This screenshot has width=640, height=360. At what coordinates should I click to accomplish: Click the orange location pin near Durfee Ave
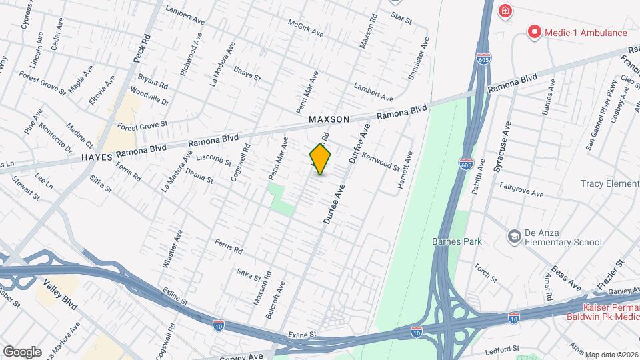[321, 159]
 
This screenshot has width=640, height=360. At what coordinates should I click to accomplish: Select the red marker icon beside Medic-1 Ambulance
[533, 31]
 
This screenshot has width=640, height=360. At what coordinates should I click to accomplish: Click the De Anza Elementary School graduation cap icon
[514, 236]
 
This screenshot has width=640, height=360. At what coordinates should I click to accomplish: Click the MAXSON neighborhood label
[329, 119]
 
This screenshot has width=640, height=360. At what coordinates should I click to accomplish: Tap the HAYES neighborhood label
[97, 157]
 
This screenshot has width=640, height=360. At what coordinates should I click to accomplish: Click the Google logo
[22, 351]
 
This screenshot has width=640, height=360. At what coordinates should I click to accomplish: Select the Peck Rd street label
[139, 50]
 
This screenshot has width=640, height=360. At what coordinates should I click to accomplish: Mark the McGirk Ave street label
[306, 27]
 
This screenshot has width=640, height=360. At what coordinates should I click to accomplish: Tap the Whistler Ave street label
[172, 249]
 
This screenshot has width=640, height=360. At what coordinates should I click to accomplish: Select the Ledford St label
[502, 349]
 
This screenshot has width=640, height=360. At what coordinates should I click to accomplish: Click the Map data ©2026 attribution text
[611, 354]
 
